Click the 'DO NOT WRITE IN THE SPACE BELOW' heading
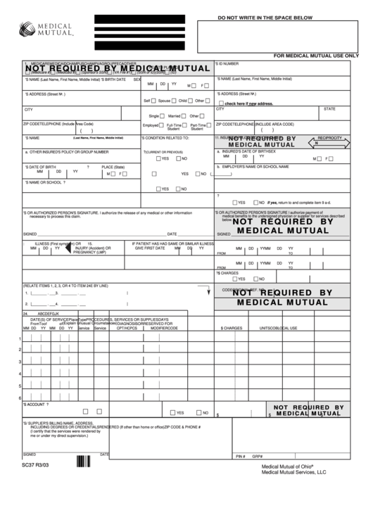coord(265,15)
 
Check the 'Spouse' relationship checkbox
coord(175,101)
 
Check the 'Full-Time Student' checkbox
coord(163,126)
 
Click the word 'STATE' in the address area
coord(329,109)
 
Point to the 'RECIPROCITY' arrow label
coord(329,138)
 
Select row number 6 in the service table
coord(19,398)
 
